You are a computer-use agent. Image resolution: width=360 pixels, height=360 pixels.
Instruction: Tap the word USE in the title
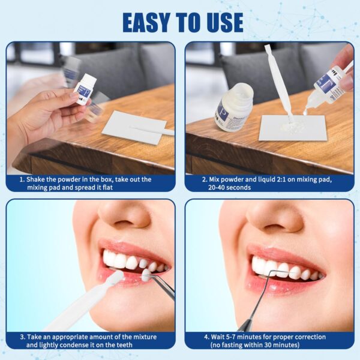pyautogui.click(x=221, y=22)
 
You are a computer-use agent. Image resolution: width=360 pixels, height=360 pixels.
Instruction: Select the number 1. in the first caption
pyautogui.click(x=22, y=179)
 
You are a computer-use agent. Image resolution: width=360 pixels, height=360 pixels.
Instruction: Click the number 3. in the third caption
pyautogui.click(x=22, y=336)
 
